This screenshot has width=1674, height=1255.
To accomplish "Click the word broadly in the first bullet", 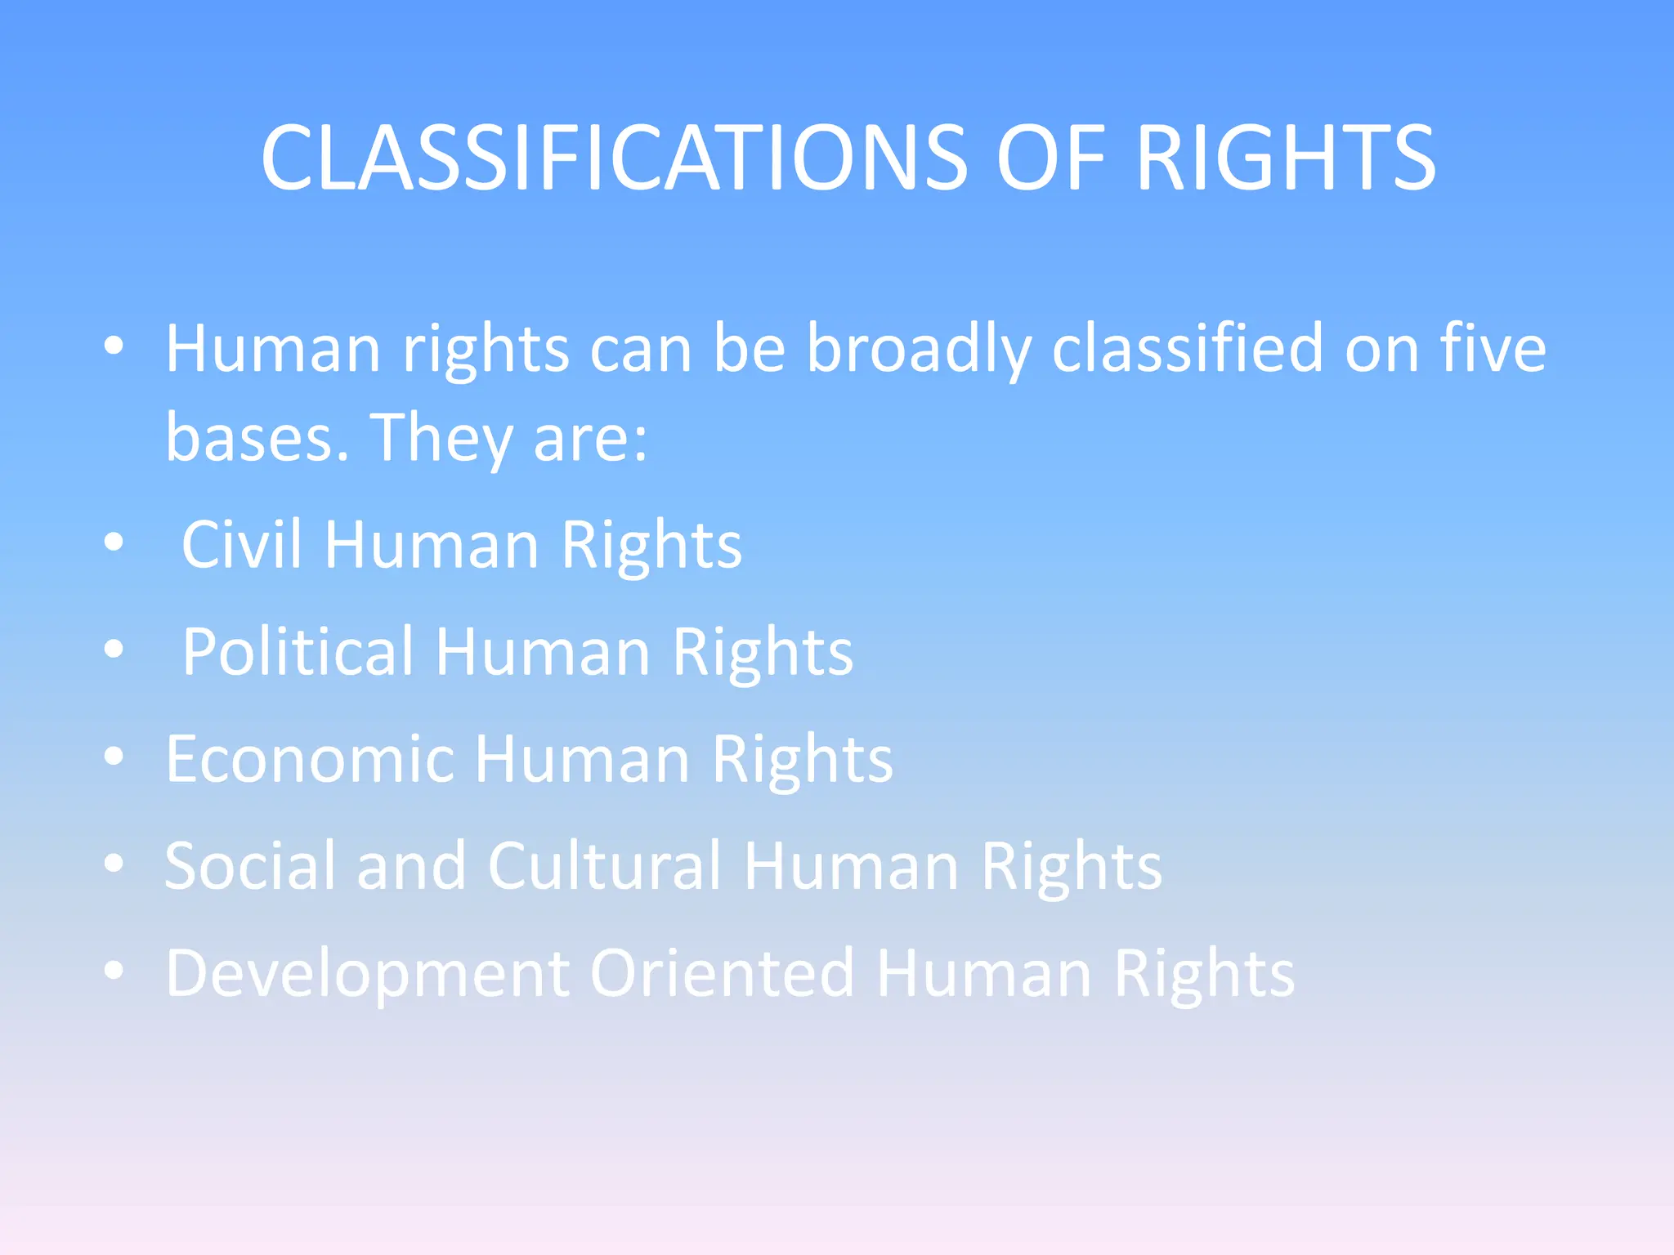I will (919, 351).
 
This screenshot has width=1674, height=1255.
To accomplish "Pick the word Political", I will (298, 652).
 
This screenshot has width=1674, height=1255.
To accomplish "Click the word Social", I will (250, 866).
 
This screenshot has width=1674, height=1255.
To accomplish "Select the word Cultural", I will (606, 866).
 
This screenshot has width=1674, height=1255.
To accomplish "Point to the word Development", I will (368, 975).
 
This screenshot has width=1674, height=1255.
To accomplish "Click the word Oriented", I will (723, 973).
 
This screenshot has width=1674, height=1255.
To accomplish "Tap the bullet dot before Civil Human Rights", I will (114, 542).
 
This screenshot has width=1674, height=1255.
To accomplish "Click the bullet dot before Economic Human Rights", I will (114, 757).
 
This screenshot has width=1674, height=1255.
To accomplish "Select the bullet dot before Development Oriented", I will (114, 971).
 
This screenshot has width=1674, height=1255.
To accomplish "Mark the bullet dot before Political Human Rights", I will (114, 649).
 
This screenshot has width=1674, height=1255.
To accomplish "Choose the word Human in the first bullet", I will (274, 349).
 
